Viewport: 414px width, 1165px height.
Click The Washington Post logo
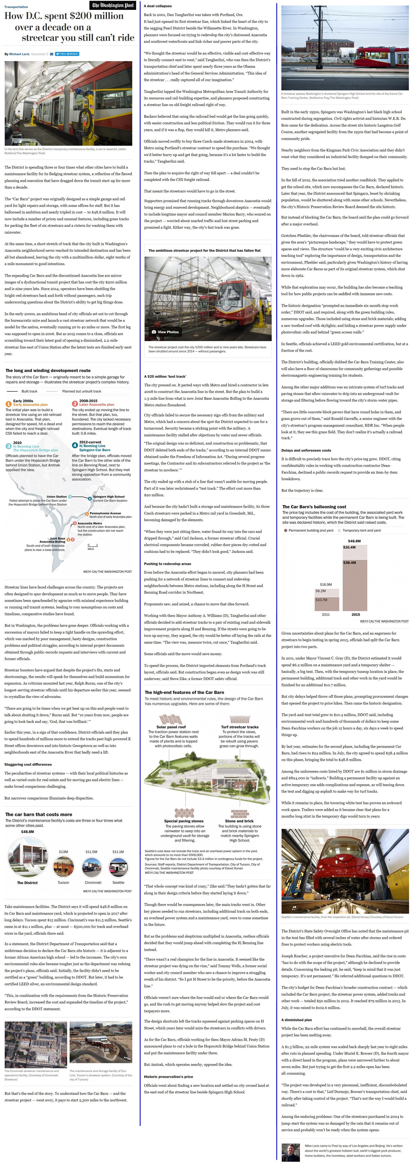113,5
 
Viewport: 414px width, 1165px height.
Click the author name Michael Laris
19,54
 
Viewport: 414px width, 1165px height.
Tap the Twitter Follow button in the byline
67,54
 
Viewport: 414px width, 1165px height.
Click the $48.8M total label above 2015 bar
354,541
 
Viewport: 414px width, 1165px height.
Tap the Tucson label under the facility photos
63,882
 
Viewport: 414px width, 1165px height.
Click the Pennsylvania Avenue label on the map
105,513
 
